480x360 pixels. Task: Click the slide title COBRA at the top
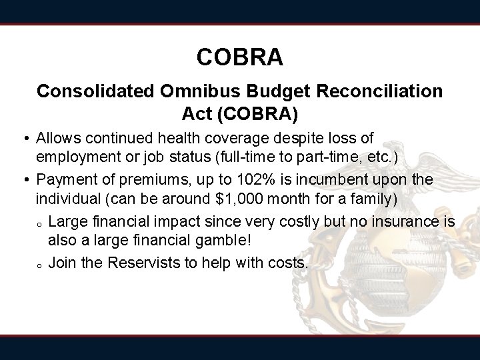240,57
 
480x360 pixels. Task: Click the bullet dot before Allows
25,139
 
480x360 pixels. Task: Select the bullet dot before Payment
25,181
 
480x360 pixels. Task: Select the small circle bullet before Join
40,265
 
